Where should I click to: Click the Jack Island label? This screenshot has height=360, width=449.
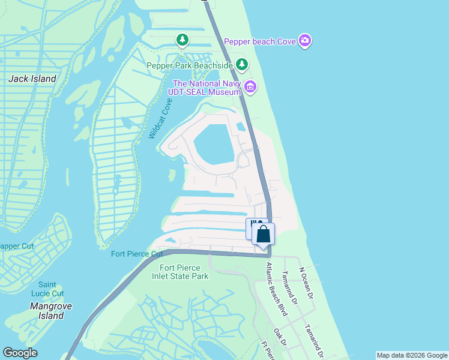pyautogui.click(x=32, y=79)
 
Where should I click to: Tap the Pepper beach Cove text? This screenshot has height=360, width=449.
pyautogui.click(x=261, y=41)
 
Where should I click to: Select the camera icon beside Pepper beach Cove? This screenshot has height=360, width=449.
pyautogui.click(x=306, y=41)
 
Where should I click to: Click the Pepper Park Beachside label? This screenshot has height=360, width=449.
pyautogui.click(x=190, y=65)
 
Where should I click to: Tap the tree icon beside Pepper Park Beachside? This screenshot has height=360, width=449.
pyautogui.click(x=241, y=64)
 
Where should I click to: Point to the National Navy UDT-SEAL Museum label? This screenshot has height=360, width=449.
pyautogui.click(x=206, y=88)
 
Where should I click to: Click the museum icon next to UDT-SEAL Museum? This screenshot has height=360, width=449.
pyautogui.click(x=250, y=89)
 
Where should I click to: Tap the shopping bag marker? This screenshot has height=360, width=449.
pyautogui.click(x=263, y=234)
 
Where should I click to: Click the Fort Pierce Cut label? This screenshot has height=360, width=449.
pyautogui.click(x=137, y=254)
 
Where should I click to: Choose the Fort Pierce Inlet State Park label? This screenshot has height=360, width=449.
pyautogui.click(x=184, y=272)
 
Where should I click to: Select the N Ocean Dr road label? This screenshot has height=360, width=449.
pyautogui.click(x=306, y=283)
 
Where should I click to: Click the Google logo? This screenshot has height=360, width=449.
pyautogui.click(x=20, y=353)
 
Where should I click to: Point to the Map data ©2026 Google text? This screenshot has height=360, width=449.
pyautogui.click(x=412, y=355)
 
